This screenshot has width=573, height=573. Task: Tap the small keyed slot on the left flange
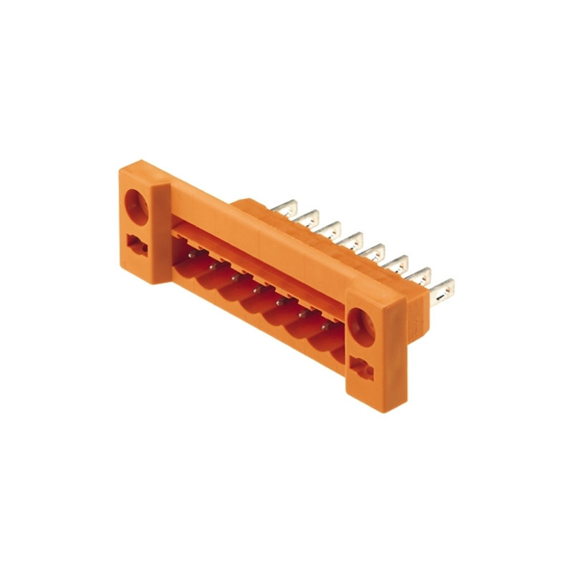136,245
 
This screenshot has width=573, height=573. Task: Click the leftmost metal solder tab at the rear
286,207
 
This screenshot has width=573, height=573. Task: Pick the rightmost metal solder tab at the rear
442,290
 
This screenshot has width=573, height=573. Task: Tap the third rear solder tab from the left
332,229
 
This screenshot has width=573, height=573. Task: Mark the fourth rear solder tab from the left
353,241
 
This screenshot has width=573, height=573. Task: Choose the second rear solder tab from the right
420,277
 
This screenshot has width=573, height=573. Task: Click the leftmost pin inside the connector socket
191,253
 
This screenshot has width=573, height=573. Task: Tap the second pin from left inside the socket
213,264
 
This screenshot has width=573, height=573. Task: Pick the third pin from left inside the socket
235,276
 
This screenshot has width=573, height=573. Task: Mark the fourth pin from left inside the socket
257,289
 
